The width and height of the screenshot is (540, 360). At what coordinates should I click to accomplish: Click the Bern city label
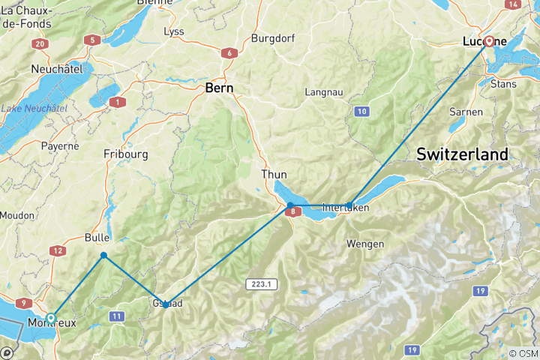pos(219,88)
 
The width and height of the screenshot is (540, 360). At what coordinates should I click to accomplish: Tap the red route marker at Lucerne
pos(489,42)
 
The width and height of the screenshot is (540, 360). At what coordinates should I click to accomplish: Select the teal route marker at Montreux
pos(50,318)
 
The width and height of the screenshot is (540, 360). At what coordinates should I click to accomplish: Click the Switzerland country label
pos(462,154)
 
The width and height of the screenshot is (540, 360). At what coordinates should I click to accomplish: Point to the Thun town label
pos(274,174)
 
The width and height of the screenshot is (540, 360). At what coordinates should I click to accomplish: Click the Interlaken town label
pos(345,207)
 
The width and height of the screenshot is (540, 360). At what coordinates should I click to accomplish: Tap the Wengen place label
pos(365,244)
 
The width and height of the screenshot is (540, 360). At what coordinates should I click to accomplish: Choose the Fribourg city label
pos(125,154)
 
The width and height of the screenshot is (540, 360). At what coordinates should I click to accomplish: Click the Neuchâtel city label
pos(56,69)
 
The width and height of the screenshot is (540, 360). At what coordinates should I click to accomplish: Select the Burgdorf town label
pos(275,37)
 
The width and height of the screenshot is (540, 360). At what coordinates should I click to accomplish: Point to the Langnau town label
pos(324,92)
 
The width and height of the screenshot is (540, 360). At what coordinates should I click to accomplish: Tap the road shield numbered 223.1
pos(260,283)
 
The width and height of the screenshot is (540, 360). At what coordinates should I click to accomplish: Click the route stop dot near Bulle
pos(103,256)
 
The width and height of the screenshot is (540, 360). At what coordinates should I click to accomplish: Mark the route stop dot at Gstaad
pos(166,304)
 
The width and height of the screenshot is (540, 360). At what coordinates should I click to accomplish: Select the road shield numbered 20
pos(40,44)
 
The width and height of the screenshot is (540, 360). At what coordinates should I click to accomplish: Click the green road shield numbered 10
pos(362,111)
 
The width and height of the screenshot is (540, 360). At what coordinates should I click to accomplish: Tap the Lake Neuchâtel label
pos(34,109)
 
